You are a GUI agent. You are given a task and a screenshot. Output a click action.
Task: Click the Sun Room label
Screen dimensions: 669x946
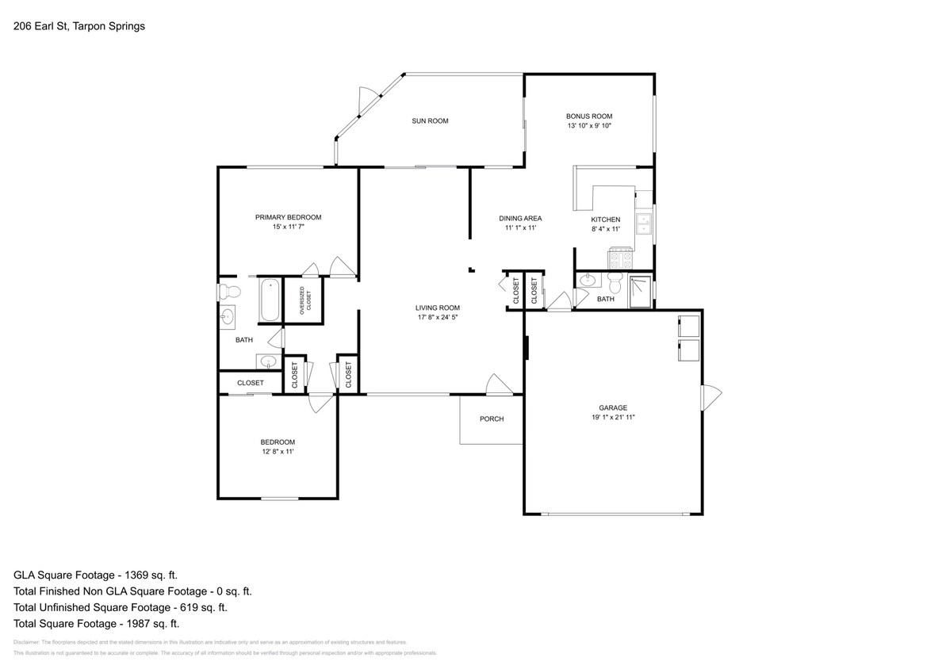click(x=430, y=121)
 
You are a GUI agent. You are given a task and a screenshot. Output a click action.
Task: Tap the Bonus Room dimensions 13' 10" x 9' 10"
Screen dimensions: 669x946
click(x=589, y=126)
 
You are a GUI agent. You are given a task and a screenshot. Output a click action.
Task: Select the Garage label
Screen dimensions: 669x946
click(x=613, y=407)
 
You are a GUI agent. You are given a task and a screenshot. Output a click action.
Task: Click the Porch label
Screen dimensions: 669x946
click(x=492, y=419)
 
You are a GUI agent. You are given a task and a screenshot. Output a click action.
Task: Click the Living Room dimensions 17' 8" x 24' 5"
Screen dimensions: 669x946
click(x=438, y=317)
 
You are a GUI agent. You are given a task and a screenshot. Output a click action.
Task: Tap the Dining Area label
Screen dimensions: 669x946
click(x=520, y=219)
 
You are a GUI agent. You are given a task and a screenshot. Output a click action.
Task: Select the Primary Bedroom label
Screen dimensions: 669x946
click(x=288, y=217)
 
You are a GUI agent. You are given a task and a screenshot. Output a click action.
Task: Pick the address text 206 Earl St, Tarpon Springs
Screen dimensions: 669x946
click(x=79, y=26)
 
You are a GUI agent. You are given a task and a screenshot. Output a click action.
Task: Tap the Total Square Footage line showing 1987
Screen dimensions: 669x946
click(x=95, y=623)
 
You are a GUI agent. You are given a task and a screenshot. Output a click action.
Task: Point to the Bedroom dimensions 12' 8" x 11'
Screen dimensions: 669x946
click(x=278, y=452)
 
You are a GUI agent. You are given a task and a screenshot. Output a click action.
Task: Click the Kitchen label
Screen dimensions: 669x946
click(x=606, y=220)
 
